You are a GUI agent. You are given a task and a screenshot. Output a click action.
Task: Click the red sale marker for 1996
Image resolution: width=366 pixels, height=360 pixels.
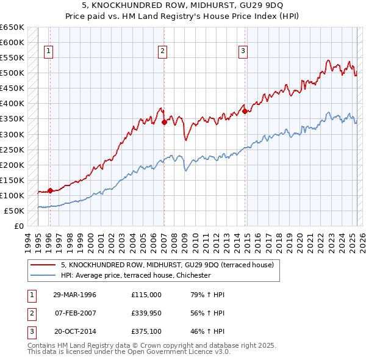click(x=50, y=190)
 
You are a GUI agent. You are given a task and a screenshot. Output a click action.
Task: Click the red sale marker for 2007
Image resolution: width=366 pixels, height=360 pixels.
click(x=164, y=122)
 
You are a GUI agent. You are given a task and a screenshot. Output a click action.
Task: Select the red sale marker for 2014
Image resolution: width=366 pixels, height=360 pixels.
click(x=245, y=111)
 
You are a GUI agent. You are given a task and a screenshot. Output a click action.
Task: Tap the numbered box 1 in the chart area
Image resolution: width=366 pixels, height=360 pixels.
click(x=48, y=51)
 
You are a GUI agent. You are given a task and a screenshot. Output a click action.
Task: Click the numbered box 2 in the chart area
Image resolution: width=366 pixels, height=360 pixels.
click(x=163, y=51)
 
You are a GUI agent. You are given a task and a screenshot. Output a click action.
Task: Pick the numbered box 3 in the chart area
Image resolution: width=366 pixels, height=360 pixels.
click(x=243, y=51)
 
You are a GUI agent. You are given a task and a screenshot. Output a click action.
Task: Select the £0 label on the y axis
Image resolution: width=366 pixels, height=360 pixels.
click(x=19, y=226)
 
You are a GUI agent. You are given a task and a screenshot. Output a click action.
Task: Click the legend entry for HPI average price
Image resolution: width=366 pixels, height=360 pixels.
click(x=135, y=276)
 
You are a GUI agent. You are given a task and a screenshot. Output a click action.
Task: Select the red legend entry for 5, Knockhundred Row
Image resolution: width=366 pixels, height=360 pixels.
click(x=170, y=265)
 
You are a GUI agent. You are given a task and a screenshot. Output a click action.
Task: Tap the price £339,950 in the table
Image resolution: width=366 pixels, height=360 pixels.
click(x=146, y=314)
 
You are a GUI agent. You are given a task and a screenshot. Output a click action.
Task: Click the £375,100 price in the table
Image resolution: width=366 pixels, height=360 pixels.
click(x=146, y=333)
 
